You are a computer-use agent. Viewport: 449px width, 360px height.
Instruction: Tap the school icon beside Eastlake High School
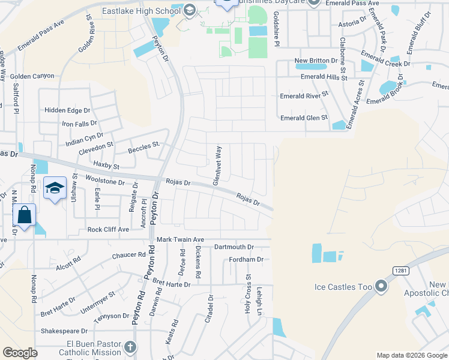tap(190, 10)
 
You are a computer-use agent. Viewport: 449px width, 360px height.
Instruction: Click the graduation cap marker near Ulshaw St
tap(55, 188)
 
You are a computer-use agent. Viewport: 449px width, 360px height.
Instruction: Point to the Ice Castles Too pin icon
tap(381, 286)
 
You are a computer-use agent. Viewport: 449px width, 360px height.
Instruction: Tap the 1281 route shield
tap(401, 271)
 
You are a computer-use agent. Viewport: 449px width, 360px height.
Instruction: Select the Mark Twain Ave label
tap(181, 239)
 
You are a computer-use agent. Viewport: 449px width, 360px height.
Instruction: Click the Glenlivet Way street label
tap(219, 164)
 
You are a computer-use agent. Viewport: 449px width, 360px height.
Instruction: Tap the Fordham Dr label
tap(246, 260)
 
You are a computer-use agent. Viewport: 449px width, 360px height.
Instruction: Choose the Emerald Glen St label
tap(304, 118)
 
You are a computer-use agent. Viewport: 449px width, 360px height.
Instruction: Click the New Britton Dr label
tap(317, 61)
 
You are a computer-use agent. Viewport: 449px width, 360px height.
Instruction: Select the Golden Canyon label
tap(32, 76)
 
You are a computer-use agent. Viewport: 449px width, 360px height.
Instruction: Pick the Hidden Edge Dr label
tap(67, 110)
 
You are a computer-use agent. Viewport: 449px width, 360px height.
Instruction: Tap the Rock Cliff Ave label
tap(108, 230)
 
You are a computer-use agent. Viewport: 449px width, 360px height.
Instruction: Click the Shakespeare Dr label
tap(64, 331)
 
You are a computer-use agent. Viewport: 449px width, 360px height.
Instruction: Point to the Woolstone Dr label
tap(104, 181)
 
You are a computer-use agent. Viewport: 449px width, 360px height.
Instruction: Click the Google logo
tap(20, 353)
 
